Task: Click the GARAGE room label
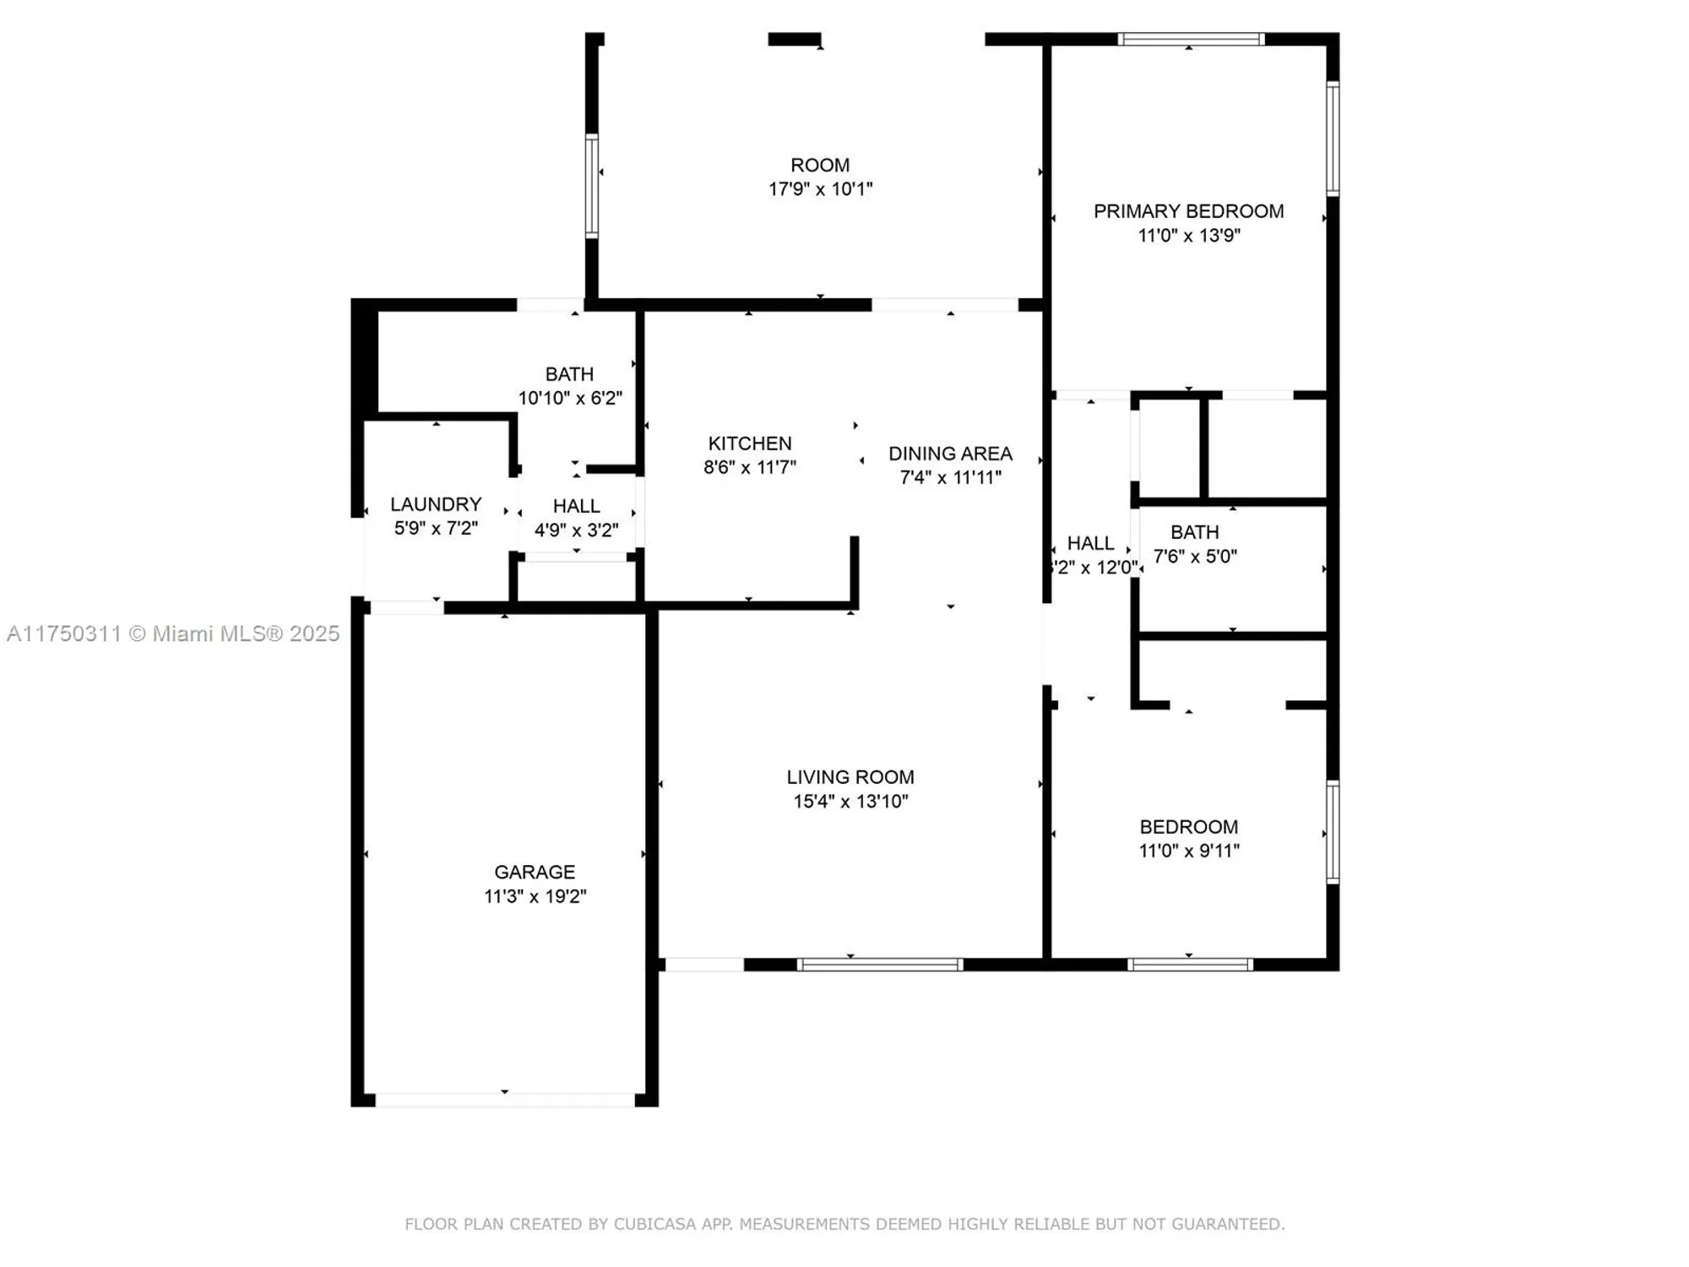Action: click(535, 872)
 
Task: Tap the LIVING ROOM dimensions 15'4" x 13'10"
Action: click(850, 801)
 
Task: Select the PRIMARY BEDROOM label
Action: click(1188, 211)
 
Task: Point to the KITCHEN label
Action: click(750, 443)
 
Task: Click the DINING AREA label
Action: click(950, 454)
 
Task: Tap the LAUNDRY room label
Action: click(436, 504)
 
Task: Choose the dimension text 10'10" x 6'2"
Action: click(570, 398)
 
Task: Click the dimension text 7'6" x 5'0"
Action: click(1195, 556)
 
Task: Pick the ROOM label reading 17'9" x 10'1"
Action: click(820, 166)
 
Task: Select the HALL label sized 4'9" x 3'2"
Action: click(577, 506)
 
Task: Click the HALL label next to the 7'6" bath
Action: click(1090, 543)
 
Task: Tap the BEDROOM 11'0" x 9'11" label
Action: click(1188, 827)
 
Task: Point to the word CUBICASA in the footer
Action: click(661, 1224)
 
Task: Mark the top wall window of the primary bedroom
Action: click(1191, 39)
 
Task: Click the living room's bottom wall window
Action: click(879, 965)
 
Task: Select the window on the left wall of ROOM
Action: click(592, 186)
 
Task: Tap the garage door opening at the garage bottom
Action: click(504, 1100)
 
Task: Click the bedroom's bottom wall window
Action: click(1190, 965)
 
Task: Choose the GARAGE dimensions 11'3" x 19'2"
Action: click(535, 896)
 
